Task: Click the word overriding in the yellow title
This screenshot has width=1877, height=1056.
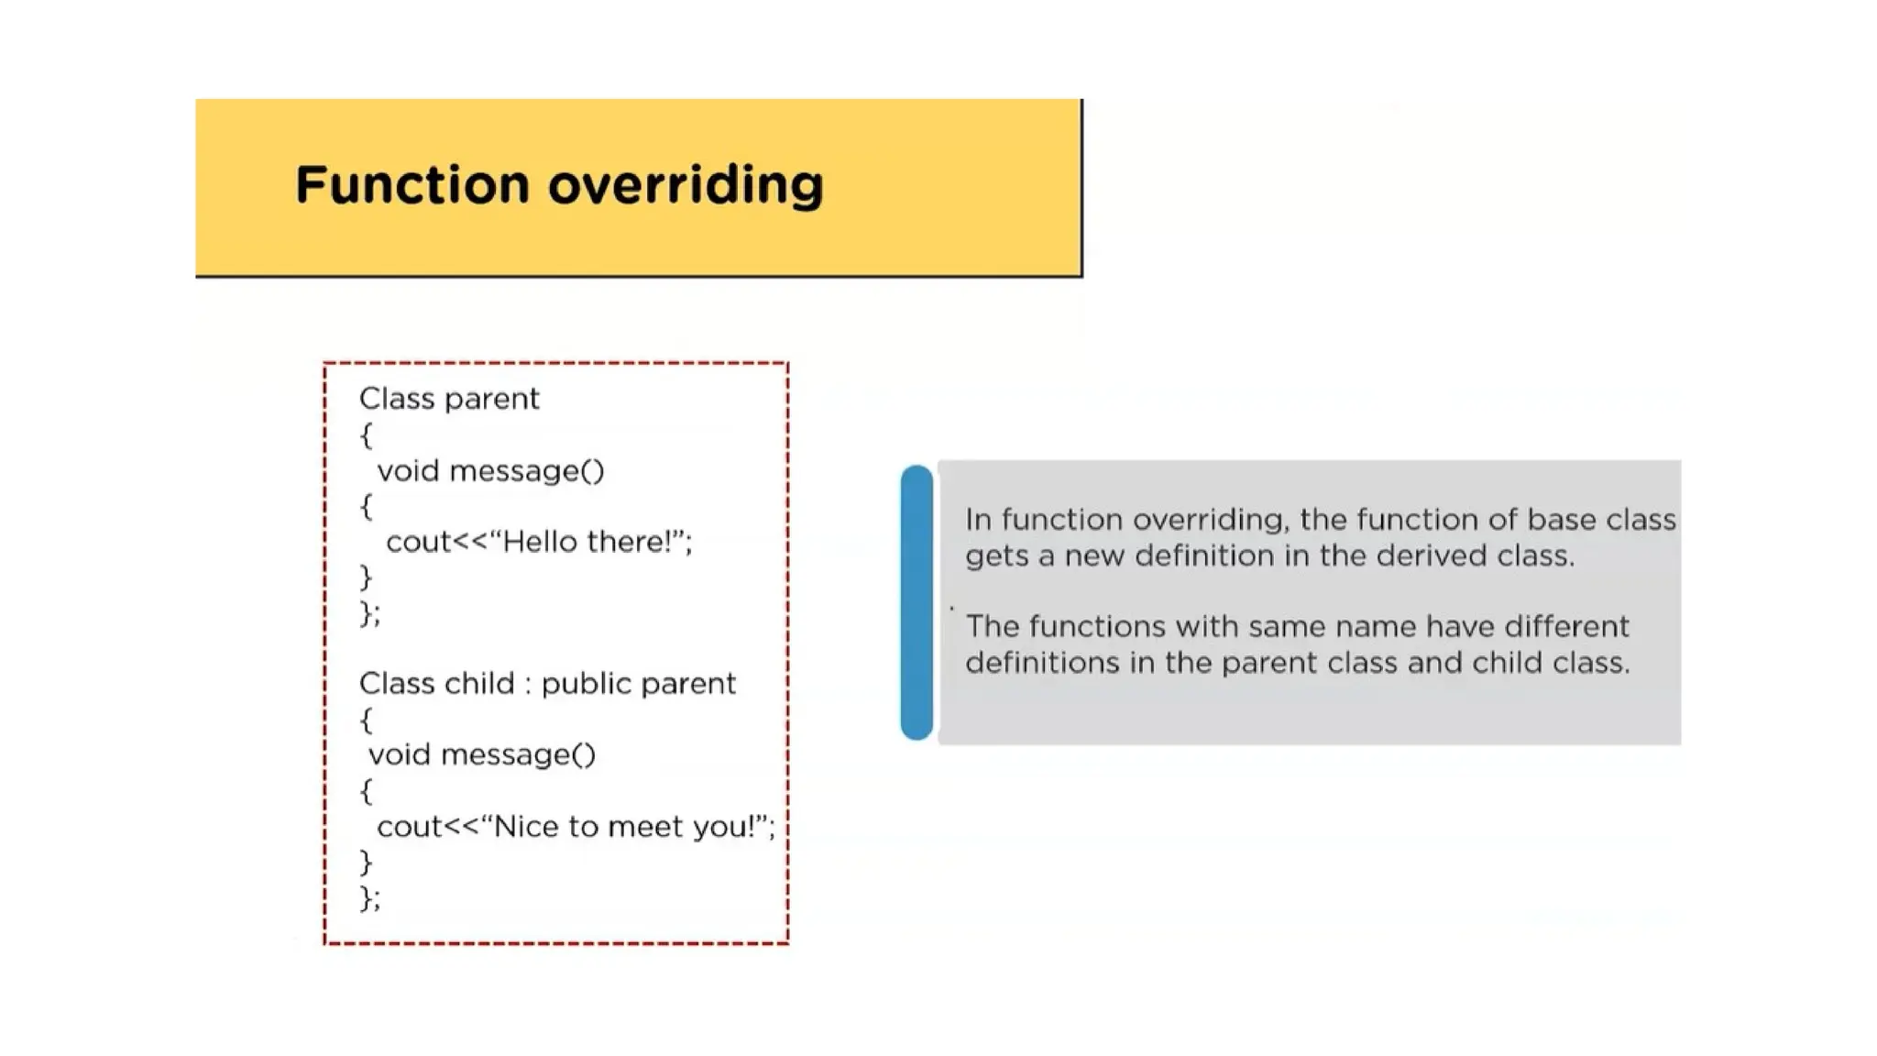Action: pos(686,186)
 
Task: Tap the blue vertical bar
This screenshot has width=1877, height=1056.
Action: pos(917,602)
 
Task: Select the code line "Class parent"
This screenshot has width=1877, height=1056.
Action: pos(449,399)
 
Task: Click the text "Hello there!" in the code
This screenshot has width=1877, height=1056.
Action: pos(589,542)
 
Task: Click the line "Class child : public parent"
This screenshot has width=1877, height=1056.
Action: pos(547,684)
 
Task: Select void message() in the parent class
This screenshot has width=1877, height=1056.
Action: pos(490,471)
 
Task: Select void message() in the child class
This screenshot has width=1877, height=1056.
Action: pos(482,754)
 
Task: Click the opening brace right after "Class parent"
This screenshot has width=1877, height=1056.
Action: pos(367,434)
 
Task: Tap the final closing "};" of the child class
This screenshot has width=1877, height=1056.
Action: pos(369,897)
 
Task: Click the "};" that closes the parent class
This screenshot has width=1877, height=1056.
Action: pos(369,612)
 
